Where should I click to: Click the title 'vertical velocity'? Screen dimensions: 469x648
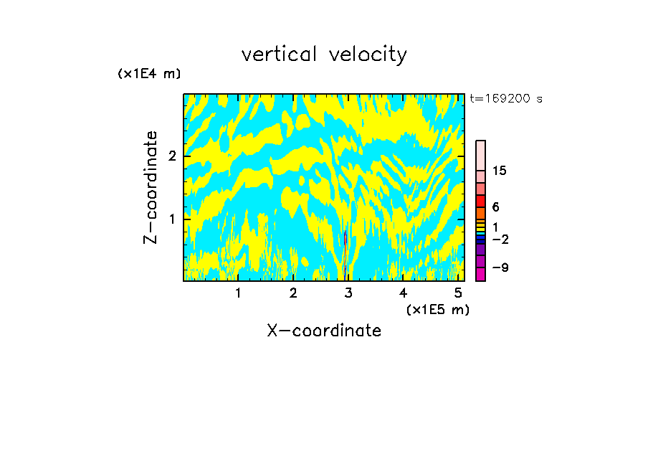[x=324, y=55]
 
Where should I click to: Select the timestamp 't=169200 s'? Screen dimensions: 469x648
[x=505, y=99]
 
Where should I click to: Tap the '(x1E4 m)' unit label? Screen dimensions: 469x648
[x=149, y=74]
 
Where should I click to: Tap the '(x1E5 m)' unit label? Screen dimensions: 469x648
[x=437, y=309]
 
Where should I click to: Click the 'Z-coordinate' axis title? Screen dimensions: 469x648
[x=151, y=187]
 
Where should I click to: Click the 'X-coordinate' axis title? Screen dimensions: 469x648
[x=324, y=331]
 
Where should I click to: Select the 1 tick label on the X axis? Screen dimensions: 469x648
[x=239, y=293]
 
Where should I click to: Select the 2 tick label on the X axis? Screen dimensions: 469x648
[x=293, y=293]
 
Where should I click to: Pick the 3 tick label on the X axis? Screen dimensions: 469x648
[x=348, y=293]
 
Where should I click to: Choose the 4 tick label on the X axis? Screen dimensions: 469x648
[x=403, y=293]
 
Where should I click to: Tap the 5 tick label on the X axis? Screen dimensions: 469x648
[x=458, y=293]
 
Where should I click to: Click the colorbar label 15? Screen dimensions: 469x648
[x=500, y=171]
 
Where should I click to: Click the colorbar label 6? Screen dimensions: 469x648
[x=495, y=207]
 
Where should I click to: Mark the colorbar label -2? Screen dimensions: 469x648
[x=500, y=239]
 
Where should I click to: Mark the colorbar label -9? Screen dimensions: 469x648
[x=500, y=267]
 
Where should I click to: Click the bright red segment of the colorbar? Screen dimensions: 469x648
[x=480, y=200]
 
